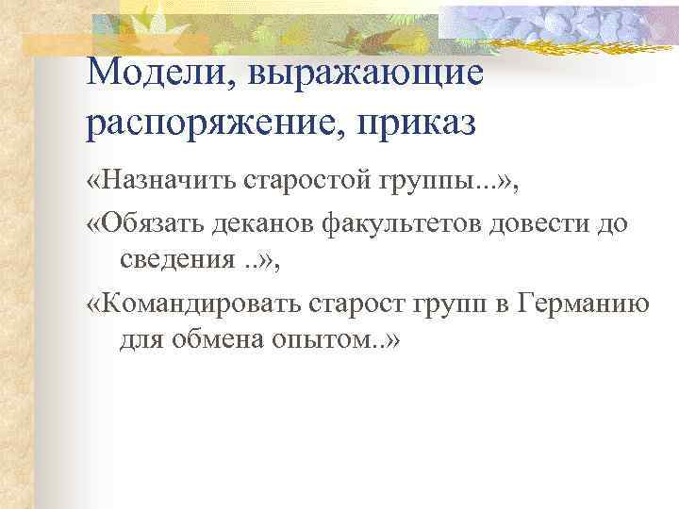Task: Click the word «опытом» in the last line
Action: (x=318, y=341)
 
